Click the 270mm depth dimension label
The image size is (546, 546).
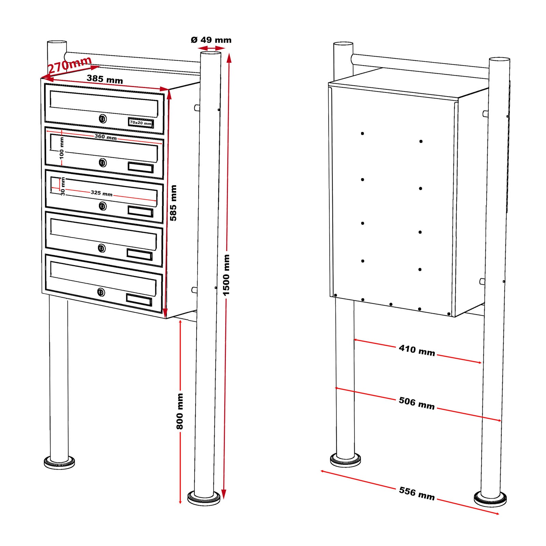coord(70,64)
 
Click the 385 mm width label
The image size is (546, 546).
coord(104,79)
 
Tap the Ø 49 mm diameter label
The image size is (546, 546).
coord(211,40)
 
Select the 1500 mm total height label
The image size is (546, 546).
coord(226,275)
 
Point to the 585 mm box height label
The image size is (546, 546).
coord(173,203)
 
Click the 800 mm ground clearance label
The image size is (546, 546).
coord(180,411)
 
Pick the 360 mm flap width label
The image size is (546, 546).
coord(105,137)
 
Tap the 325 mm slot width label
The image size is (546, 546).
coord(101,193)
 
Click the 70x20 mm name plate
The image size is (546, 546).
coord(141,123)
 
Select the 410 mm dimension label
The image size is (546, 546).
coord(417,350)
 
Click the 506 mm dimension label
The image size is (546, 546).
coord(417,403)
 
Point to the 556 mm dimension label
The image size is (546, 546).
coord(417,493)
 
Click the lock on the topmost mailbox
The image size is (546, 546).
coord(103,119)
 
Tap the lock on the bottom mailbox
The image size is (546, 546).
coord(101,292)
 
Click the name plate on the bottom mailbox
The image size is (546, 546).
coord(139,300)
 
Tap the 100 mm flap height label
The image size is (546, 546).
coord(62,148)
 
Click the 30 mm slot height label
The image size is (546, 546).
coord(63,187)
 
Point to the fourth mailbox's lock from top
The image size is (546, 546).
coord(102,248)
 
